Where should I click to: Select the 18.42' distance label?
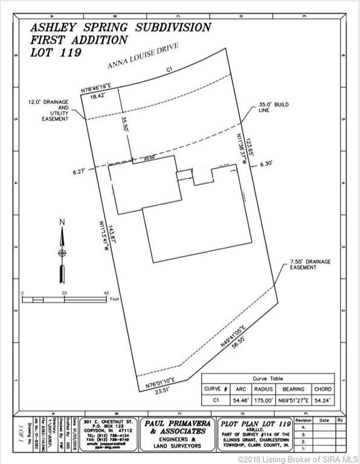(97, 95)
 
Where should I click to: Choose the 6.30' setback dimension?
(267, 163)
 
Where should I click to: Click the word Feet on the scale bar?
(114, 298)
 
